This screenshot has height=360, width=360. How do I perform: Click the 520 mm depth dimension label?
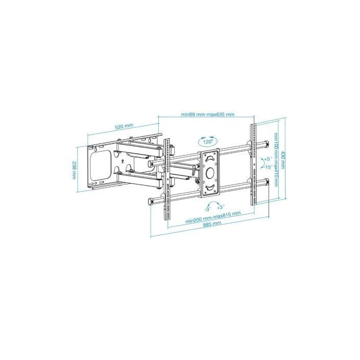[123, 126]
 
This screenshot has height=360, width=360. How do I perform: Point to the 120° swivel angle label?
[207, 140]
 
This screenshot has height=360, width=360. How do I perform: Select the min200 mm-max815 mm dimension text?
[213, 217]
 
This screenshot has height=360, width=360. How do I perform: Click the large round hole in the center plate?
[210, 173]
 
